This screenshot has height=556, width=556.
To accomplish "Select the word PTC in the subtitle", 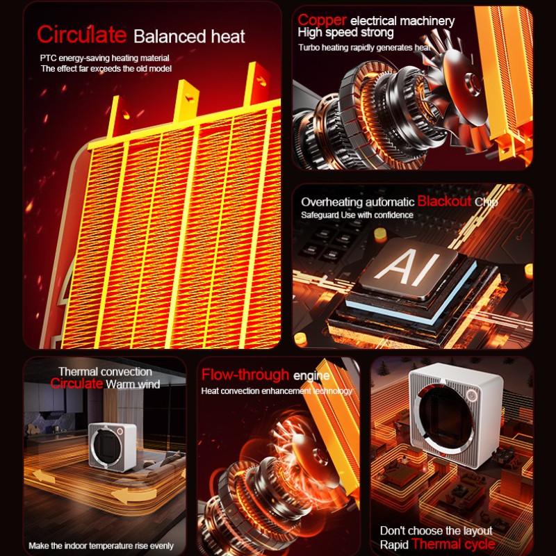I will (x=49, y=58).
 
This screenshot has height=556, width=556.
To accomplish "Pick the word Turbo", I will (x=310, y=47).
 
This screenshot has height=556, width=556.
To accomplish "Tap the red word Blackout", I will (x=444, y=202).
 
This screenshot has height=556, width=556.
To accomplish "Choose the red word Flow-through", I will (x=245, y=376).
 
